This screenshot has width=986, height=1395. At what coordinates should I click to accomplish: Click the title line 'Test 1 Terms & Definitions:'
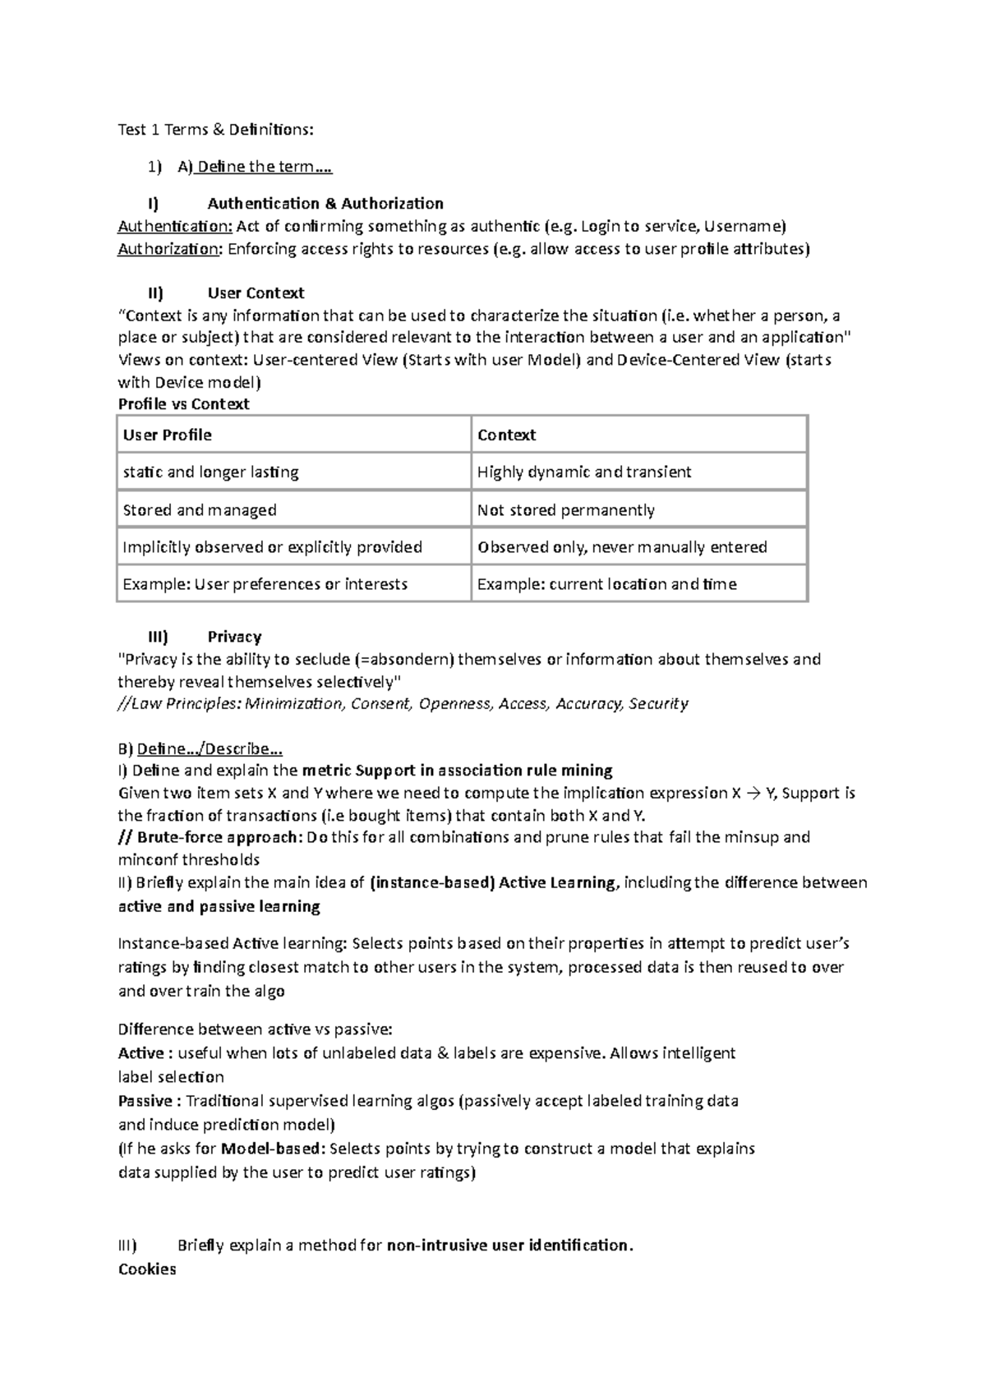215,129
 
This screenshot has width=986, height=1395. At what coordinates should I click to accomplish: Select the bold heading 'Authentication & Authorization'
325,203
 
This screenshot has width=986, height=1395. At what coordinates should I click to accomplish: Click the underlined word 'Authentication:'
175,226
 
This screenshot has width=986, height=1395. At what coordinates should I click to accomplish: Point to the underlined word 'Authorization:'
169,249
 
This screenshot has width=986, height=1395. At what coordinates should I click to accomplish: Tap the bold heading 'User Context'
256,292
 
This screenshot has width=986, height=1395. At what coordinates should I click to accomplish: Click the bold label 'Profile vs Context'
183,403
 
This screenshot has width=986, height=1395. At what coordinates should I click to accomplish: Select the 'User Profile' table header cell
168,435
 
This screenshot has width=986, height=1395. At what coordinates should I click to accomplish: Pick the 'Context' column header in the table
506,435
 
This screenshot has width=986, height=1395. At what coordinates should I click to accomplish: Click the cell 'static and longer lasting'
210,472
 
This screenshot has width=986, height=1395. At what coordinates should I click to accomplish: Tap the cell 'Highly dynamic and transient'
584,472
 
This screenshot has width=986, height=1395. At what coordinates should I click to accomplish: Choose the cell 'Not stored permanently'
566,510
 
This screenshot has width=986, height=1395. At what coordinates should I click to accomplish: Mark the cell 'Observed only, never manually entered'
622,547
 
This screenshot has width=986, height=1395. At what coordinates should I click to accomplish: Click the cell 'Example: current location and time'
606,584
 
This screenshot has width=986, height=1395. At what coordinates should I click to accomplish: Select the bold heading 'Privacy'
234,636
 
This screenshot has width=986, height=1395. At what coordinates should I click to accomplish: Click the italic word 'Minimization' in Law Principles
294,703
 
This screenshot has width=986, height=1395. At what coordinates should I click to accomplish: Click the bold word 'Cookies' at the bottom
147,1268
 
